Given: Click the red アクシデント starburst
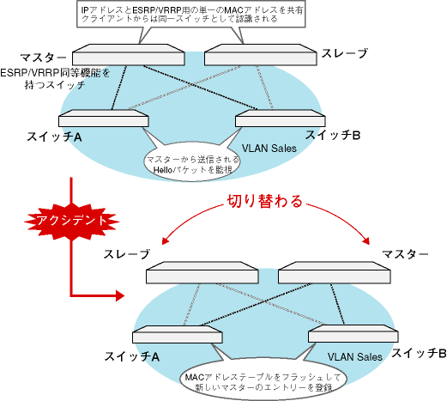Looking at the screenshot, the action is point(71,221).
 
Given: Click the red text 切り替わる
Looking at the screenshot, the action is point(265,201).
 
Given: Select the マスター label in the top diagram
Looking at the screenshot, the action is point(43,58).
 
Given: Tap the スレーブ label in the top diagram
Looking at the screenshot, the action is point(345,53).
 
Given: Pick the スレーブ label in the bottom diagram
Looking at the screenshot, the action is point(127,254).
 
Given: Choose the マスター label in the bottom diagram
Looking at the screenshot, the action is point(405,253).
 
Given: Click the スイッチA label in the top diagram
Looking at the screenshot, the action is point(54,137).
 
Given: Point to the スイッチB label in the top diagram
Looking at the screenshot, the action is point(333,135).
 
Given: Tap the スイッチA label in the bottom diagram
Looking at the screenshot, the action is point(132,356).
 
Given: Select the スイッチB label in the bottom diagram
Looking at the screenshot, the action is point(419,353).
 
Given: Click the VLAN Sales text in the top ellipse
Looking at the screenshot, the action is point(269,149).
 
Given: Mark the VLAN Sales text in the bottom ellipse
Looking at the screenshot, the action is point(355,357).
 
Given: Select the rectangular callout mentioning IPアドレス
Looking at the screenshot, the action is point(191,15).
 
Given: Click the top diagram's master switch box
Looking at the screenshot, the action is point(128,55).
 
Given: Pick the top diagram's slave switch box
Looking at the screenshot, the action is point(261,55).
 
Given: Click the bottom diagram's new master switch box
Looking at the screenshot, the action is point(335,272).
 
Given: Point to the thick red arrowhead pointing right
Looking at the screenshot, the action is point(119,295).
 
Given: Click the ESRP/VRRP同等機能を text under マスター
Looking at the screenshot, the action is point(55,73).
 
